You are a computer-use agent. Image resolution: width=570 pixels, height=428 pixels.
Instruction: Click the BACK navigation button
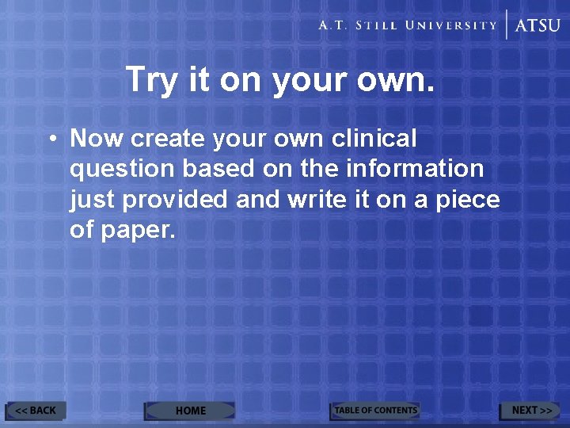coord(36,411)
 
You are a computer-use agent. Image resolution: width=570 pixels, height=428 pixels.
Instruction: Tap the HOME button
coord(190,411)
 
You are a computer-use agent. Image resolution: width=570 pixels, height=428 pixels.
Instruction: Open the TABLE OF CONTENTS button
coord(375,411)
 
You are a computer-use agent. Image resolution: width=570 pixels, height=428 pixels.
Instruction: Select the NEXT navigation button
coord(530,411)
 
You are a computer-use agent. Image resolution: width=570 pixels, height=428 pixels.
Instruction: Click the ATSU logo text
coord(538,25)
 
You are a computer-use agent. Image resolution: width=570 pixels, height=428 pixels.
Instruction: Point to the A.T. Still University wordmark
coord(408,25)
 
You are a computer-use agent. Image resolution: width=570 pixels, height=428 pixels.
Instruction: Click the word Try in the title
coord(151,79)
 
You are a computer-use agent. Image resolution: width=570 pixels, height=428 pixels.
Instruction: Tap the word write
coord(316,199)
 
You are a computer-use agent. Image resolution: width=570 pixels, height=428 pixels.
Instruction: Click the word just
coord(93,200)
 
